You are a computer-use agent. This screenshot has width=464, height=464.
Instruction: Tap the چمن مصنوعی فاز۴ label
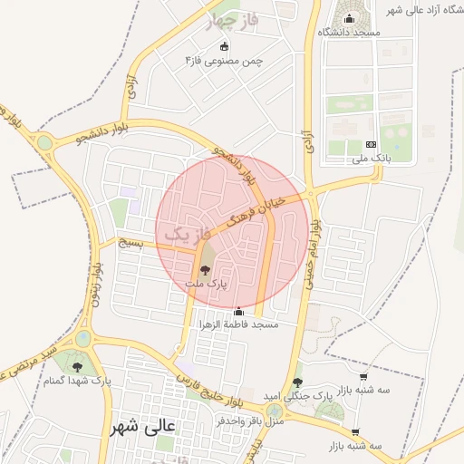coord(224,61)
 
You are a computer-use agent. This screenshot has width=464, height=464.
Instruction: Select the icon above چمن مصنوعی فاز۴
coord(225,46)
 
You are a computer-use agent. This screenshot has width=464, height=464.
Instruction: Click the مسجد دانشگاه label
coord(349,33)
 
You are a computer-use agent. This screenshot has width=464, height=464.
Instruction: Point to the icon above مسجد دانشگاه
coord(350,18)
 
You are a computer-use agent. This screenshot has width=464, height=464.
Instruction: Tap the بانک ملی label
coord(372,159)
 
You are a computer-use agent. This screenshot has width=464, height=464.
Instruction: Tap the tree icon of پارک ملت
coord(205,269)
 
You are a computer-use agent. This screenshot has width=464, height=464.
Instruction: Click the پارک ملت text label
coord(207,284)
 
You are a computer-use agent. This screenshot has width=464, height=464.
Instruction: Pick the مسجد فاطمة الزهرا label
coord(239,324)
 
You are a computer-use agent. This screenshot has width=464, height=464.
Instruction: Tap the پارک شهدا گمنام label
coord(78,382)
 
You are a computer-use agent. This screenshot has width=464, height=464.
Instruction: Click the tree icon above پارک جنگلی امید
coord(298,382)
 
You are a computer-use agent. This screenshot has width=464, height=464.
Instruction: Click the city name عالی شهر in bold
coord(147,424)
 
